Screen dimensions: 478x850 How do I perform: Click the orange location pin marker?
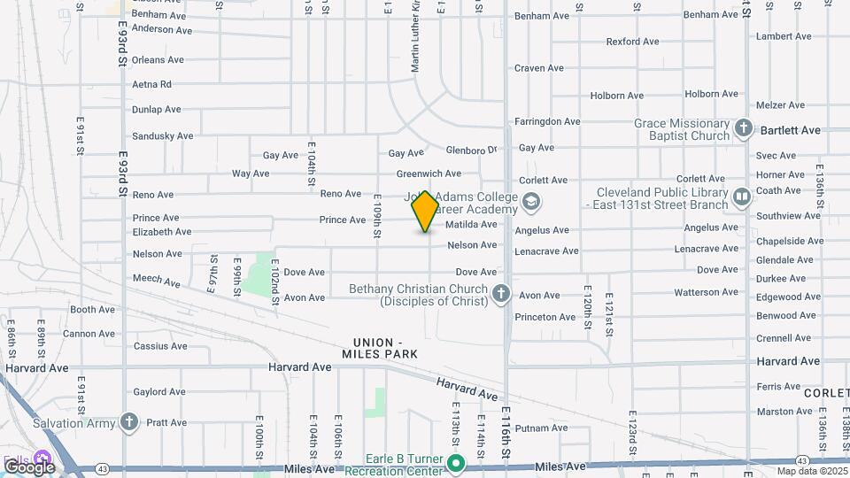coord(425,211)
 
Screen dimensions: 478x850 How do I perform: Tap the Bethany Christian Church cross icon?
coord(501,294)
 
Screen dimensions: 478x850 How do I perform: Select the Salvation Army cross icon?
coord(130,422)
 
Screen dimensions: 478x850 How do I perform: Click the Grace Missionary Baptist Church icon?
coord(744,128)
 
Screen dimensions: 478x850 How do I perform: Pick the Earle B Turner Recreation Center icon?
coord(456,463)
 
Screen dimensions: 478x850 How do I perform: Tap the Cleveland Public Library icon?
coord(741,195)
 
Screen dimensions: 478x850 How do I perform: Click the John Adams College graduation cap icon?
coord(529,203)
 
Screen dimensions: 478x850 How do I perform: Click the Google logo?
coord(29,466)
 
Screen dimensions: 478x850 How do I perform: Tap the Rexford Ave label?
coord(633,42)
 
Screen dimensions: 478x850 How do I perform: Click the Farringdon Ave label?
coord(547,121)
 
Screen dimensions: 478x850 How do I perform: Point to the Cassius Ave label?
coord(161,346)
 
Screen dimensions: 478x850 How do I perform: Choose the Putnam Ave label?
coord(540,428)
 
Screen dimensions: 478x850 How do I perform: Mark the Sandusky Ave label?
coord(162,136)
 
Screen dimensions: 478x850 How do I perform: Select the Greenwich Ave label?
coord(429,173)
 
